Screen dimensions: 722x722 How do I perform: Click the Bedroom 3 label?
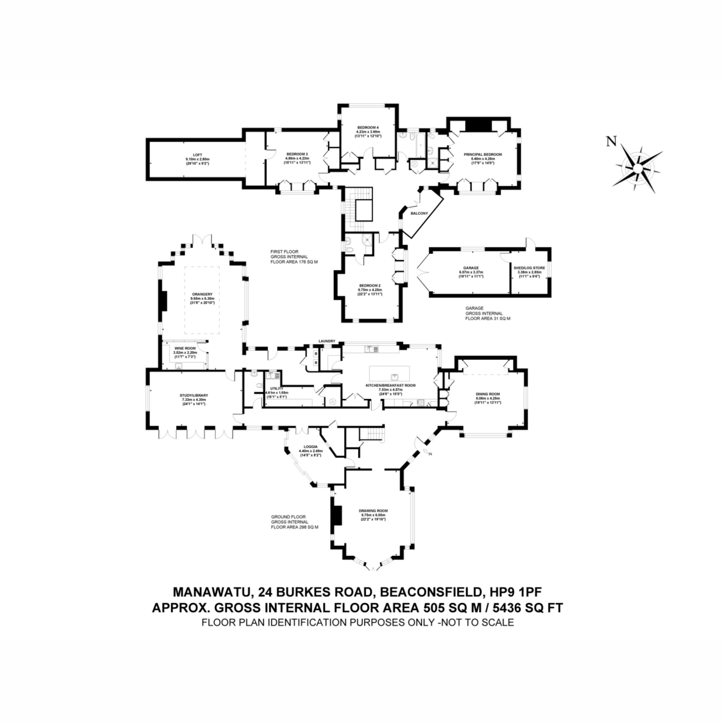297,154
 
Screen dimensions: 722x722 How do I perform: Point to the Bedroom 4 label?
368,128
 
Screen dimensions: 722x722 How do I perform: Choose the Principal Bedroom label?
482,155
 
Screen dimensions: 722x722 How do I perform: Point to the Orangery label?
203,294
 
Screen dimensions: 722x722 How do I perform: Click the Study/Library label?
193,395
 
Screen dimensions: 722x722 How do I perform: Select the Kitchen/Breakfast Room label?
391,385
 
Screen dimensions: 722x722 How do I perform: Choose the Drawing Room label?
374,511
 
